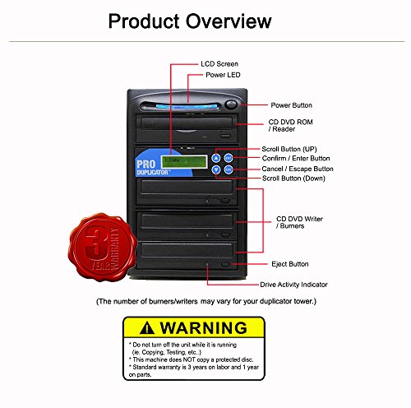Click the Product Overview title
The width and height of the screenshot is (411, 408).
point(190,21)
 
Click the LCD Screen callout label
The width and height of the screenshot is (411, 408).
point(221,63)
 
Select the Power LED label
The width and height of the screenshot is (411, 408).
point(224,76)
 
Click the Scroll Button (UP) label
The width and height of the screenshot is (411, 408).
point(293,149)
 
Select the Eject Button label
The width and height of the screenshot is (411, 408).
point(289,264)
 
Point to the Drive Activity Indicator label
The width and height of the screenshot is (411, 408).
point(293,284)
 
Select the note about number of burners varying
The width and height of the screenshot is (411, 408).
point(205,302)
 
